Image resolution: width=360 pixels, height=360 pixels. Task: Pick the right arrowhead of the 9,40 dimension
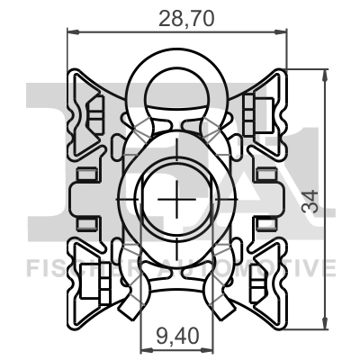pyautogui.click(x=210, y=354)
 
